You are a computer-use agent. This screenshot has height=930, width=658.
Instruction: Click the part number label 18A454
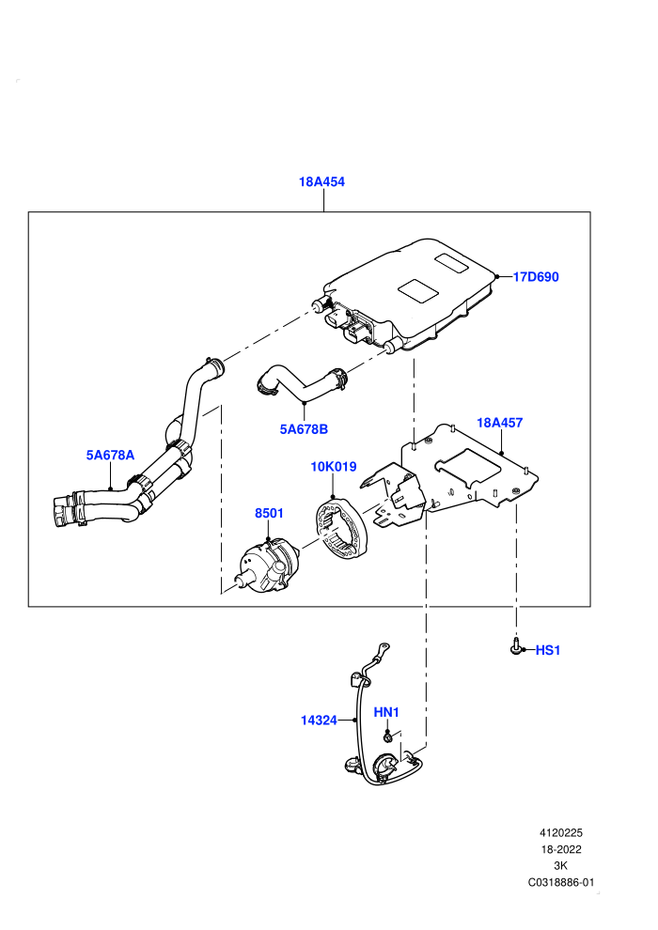321,182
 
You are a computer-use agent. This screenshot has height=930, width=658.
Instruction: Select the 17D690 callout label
536,277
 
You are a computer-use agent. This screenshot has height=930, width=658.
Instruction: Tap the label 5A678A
110,455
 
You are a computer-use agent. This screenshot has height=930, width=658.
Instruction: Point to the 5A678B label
304,428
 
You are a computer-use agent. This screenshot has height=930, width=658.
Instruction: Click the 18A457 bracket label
499,423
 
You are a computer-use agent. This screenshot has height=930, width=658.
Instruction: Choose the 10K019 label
334,467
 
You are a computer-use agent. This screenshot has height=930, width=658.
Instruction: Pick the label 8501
270,513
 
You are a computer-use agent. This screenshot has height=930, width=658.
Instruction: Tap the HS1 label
548,650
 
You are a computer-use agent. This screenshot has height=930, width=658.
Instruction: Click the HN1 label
386,712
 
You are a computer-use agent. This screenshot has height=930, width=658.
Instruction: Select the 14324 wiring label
319,720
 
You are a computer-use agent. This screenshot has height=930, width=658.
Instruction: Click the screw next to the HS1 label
516,646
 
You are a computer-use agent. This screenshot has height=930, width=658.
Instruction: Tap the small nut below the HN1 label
387,737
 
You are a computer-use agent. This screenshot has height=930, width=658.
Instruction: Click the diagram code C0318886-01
560,882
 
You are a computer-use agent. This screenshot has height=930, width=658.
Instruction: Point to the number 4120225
560,832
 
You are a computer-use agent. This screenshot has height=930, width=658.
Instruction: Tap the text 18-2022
560,849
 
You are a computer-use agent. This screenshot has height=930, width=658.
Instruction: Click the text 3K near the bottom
560,865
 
